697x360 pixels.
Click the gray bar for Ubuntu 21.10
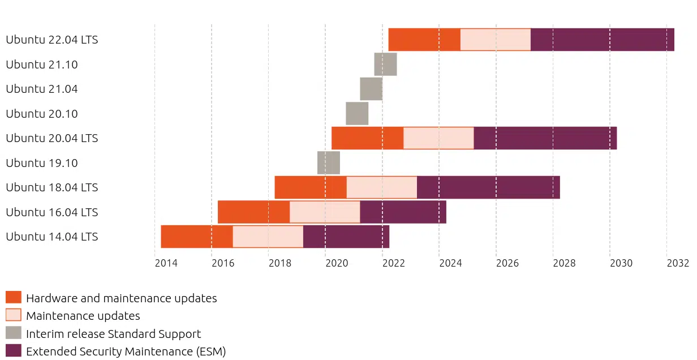click(x=385, y=64)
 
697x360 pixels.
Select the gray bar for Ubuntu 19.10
click(x=328, y=162)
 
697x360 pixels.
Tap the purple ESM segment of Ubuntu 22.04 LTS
click(x=603, y=40)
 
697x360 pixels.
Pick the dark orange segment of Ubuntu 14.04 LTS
click(x=197, y=237)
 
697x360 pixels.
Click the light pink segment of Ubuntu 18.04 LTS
click(x=381, y=187)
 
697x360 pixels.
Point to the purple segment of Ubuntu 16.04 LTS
click(x=403, y=212)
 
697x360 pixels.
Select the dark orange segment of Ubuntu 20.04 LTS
click(x=367, y=138)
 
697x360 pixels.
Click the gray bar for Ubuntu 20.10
click(x=357, y=113)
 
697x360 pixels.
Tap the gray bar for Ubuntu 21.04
click(x=371, y=89)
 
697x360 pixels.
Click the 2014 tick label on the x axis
click(x=166, y=263)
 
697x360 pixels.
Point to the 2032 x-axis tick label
click(x=678, y=263)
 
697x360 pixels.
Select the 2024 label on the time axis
click(x=450, y=263)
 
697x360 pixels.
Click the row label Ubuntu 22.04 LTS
click(x=52, y=40)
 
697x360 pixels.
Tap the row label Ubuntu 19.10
click(x=42, y=163)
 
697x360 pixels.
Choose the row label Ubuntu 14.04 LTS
click(x=52, y=237)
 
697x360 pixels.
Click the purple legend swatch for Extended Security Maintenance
click(x=14, y=350)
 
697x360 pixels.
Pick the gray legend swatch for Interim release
click(x=14, y=333)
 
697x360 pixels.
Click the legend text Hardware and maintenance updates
click(x=121, y=298)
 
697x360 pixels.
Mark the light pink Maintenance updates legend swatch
click(x=14, y=315)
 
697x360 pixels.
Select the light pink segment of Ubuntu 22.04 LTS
click(x=496, y=40)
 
